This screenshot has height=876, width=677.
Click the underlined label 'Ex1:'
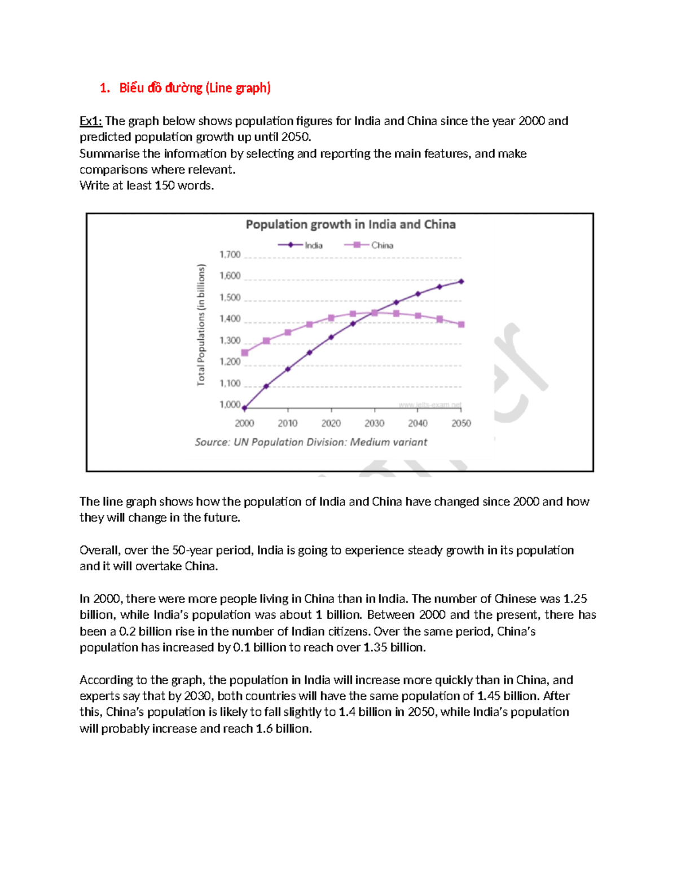(x=90, y=121)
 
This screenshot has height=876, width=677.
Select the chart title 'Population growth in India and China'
(x=350, y=224)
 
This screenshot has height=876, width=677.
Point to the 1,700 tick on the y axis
(x=230, y=255)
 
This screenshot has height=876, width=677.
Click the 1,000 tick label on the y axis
(x=230, y=405)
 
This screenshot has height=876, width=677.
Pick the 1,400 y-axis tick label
(x=230, y=319)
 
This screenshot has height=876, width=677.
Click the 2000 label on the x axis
(x=244, y=424)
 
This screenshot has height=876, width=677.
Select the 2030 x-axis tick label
(x=375, y=424)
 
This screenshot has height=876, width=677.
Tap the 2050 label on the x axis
(x=461, y=424)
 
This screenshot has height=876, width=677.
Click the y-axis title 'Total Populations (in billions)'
(x=201, y=325)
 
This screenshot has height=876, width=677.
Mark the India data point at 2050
(x=461, y=281)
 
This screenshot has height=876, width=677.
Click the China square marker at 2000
(x=245, y=353)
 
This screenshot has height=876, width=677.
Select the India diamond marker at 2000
(x=244, y=408)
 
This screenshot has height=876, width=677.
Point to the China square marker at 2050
(x=461, y=324)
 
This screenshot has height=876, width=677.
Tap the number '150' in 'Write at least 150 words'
(x=165, y=186)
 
